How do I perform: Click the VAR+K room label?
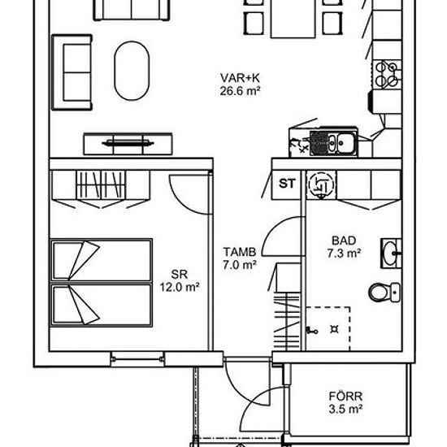(240, 78)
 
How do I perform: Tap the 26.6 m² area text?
(240, 91)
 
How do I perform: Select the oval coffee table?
(132, 71)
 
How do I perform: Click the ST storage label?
(287, 184)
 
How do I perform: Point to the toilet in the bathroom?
(384, 292)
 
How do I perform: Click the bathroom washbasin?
(391, 253)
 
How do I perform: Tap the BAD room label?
(344, 241)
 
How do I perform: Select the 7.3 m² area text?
(344, 253)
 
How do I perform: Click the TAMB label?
(240, 252)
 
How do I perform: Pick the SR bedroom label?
(180, 274)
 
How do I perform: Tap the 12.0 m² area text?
(180, 287)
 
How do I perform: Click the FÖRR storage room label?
(345, 397)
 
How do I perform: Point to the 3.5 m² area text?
(345, 410)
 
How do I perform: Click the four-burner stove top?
(387, 74)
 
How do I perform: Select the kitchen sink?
(333, 141)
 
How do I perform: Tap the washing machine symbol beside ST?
(321, 184)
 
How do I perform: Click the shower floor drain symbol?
(334, 329)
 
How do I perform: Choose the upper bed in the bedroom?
(101, 260)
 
